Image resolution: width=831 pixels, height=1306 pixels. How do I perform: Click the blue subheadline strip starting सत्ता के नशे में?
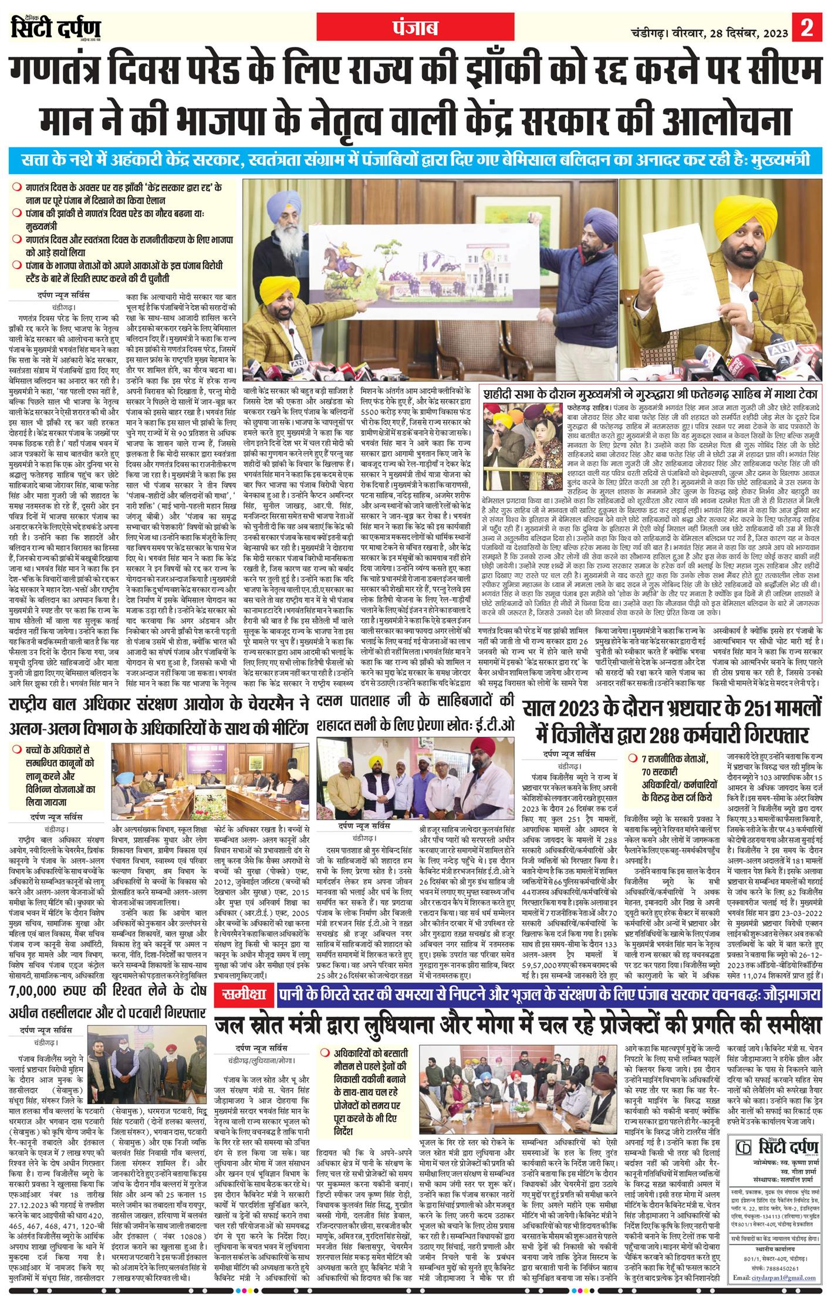click(x=415, y=160)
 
